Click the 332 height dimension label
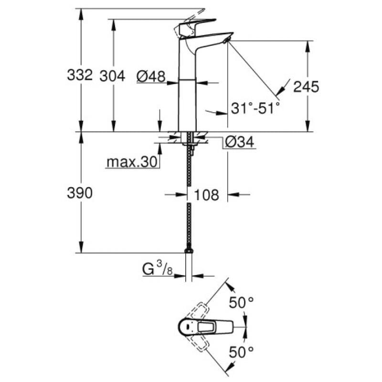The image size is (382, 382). [80, 75]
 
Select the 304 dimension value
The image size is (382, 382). [113, 75]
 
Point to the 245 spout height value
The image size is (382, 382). [306, 86]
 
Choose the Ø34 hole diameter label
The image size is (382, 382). [239, 142]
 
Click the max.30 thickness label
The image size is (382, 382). [132, 162]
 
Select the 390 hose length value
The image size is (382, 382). [80, 193]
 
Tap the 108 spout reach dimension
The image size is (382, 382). [207, 195]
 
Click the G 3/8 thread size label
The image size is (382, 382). [157, 270]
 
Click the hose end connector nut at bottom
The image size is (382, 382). [190, 250]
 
